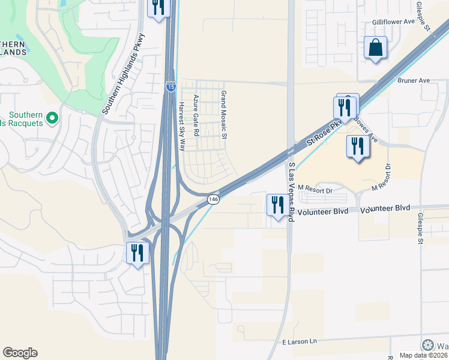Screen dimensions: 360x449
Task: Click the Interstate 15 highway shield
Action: point(171,87)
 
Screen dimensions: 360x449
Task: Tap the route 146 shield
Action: point(213,199)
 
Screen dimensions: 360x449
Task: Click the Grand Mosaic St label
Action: point(224,115)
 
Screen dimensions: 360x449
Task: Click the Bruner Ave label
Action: point(414,79)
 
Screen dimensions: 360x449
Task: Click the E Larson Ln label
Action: point(299,341)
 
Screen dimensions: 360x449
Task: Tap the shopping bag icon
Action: point(375,47)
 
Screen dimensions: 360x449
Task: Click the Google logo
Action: point(20,353)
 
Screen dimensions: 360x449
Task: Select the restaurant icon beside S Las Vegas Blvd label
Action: point(277,205)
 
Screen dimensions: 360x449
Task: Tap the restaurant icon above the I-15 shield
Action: point(158,8)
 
